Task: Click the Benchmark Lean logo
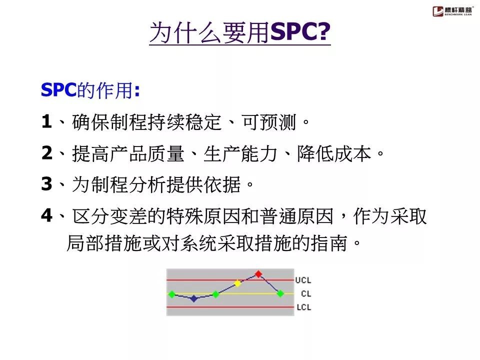point(453,10)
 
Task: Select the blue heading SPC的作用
point(90,90)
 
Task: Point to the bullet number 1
point(46,121)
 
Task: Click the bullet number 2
point(47,153)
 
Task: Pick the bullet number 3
point(47,184)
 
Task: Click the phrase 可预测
point(268,122)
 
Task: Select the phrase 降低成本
point(334,153)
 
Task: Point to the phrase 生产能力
point(240,153)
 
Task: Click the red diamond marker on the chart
point(258,273)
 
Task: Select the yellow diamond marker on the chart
point(237,283)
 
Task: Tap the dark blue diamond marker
point(193,298)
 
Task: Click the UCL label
point(303,280)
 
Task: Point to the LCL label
point(303,307)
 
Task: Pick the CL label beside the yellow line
point(306,294)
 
